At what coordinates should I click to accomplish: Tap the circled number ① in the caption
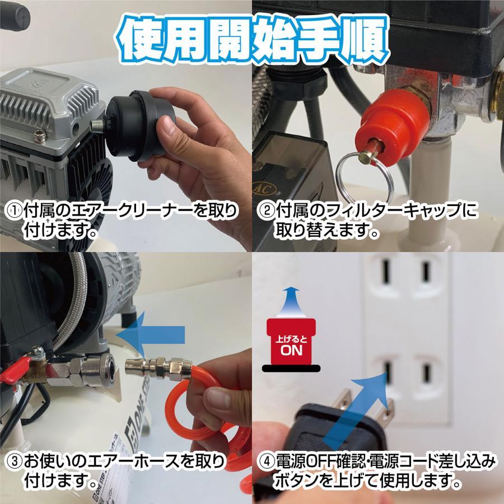tap(13, 211)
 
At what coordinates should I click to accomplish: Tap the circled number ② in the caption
tap(266, 211)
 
